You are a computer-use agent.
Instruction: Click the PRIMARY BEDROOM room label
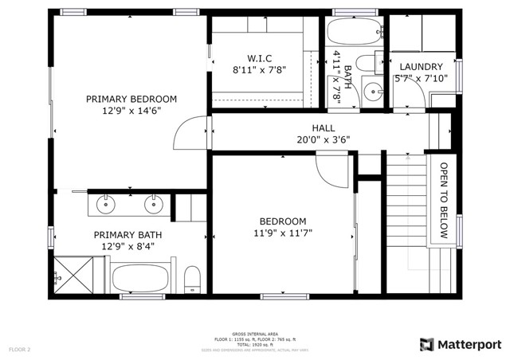pos(131,99)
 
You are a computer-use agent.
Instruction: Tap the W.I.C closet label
pos(259,57)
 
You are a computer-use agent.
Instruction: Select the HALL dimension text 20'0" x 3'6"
pos(323,139)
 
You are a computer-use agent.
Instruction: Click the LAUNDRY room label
pos(421,66)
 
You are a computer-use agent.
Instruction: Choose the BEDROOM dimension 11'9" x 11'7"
pos(282,234)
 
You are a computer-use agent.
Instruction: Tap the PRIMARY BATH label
pos(127,235)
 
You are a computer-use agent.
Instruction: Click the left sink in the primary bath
pos(106,205)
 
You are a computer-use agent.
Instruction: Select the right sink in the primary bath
pos(152,205)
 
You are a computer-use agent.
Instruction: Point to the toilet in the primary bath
pos(191,280)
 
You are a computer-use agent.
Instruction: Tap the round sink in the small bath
pos(371,89)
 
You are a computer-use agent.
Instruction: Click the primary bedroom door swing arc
pos(188,131)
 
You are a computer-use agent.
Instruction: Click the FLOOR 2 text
pos(19,349)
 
